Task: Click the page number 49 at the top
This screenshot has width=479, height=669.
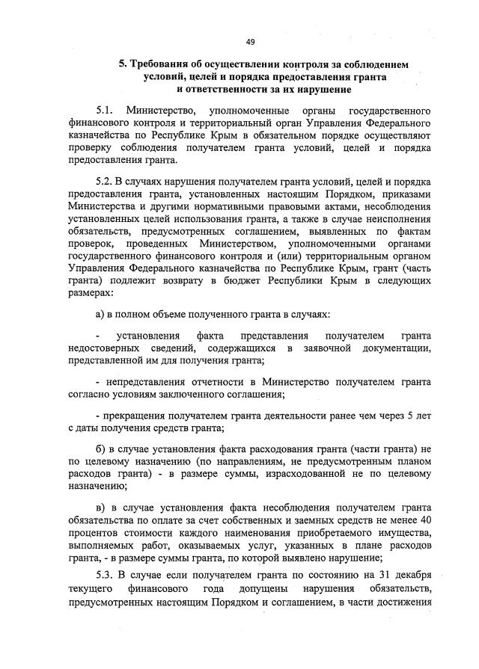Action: (250, 41)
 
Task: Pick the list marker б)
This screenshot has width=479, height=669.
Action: (101, 448)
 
